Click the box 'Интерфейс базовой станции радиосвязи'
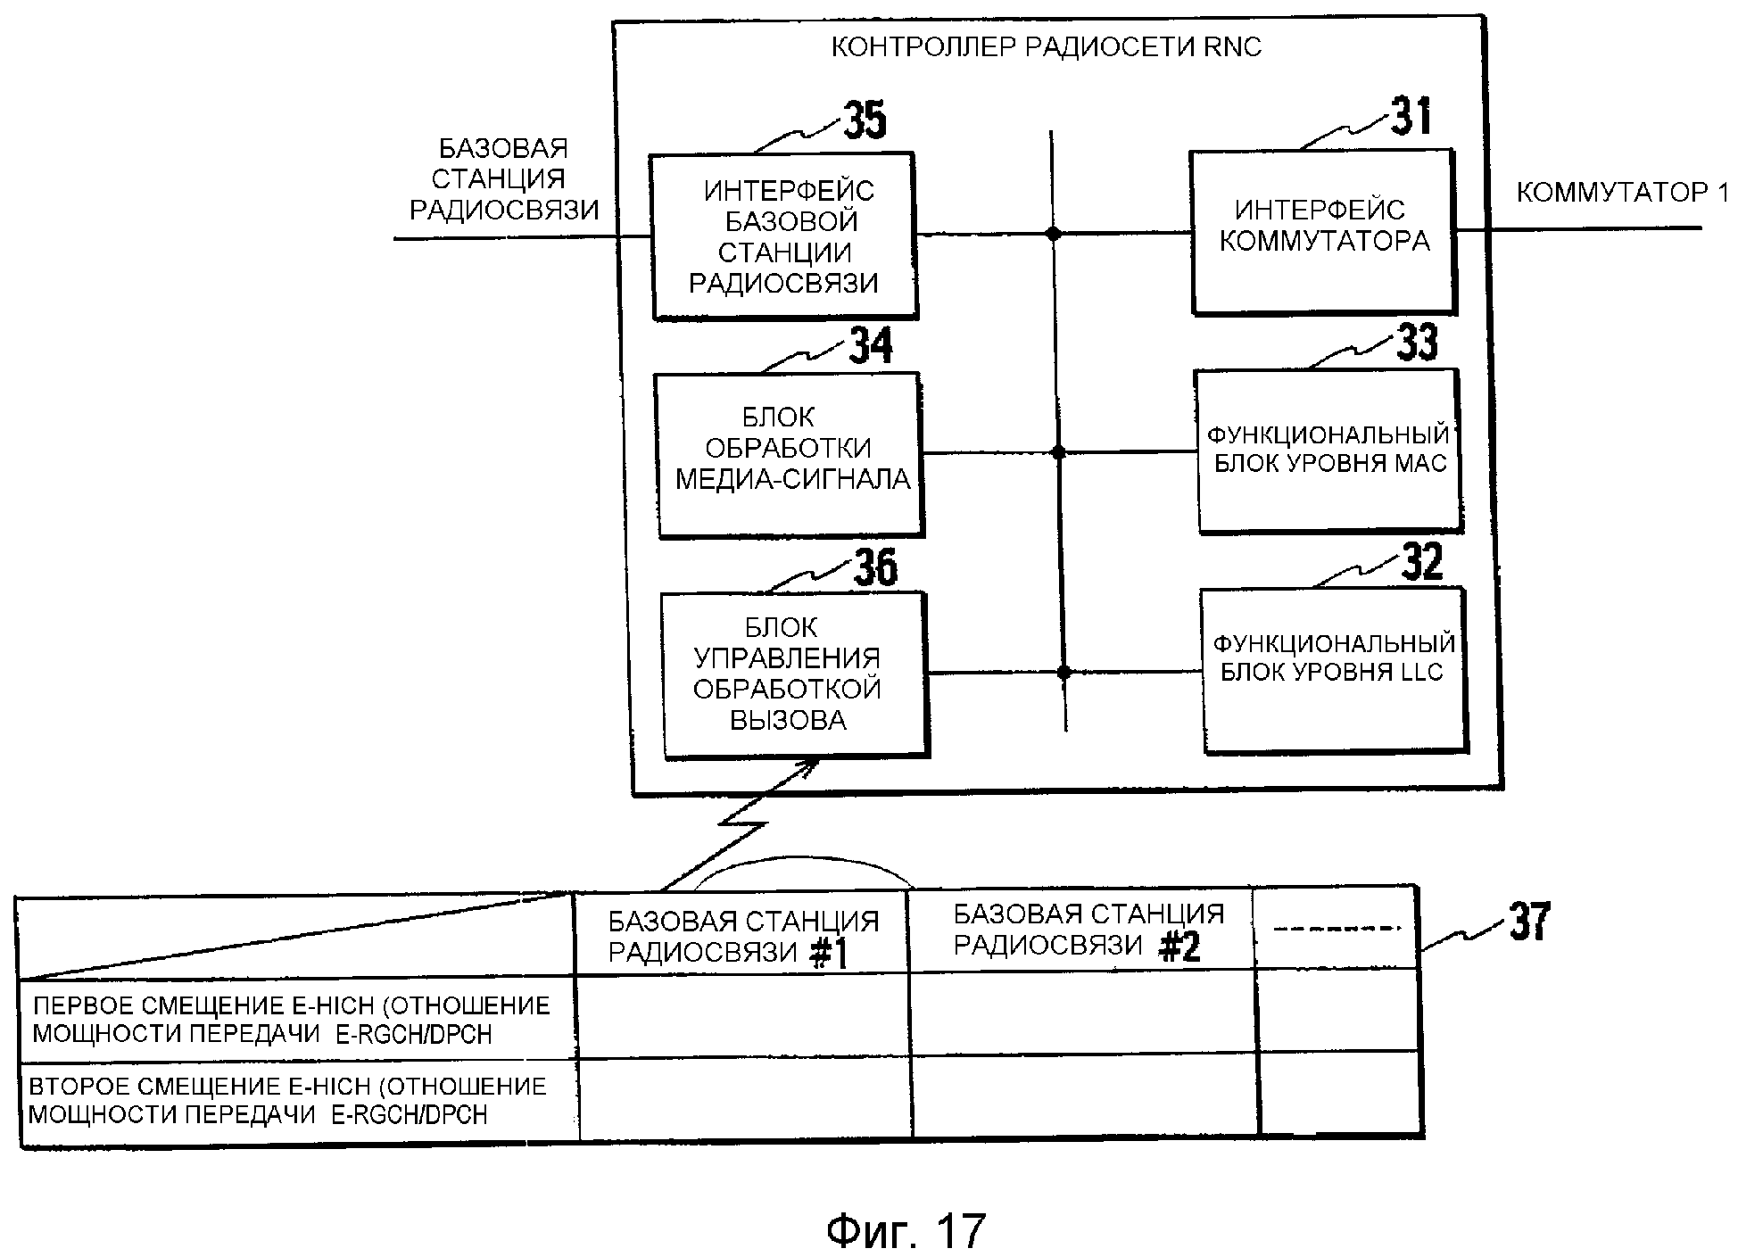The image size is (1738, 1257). [x=784, y=236]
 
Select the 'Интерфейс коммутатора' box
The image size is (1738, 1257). [x=1323, y=232]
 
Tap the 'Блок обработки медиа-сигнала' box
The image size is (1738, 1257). [x=790, y=454]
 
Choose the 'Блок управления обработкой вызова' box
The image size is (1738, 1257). [x=794, y=674]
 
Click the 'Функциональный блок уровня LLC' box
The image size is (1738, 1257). [x=1334, y=669]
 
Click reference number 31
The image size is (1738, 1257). [x=1411, y=117]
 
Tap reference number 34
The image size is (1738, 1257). [x=870, y=346]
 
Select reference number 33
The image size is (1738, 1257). [x=1417, y=342]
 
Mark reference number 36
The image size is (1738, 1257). [x=875, y=566]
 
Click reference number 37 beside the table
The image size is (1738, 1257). [x=1529, y=922]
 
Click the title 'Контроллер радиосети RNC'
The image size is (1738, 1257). [x=1047, y=47]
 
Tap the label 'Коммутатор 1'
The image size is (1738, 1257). [x=1622, y=193]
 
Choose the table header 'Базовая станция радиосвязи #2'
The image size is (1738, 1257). [x=1088, y=930]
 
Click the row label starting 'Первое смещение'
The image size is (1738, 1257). [x=291, y=1020]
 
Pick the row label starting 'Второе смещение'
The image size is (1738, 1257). [x=287, y=1100]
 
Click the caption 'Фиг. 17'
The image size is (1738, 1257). [x=906, y=1231]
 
